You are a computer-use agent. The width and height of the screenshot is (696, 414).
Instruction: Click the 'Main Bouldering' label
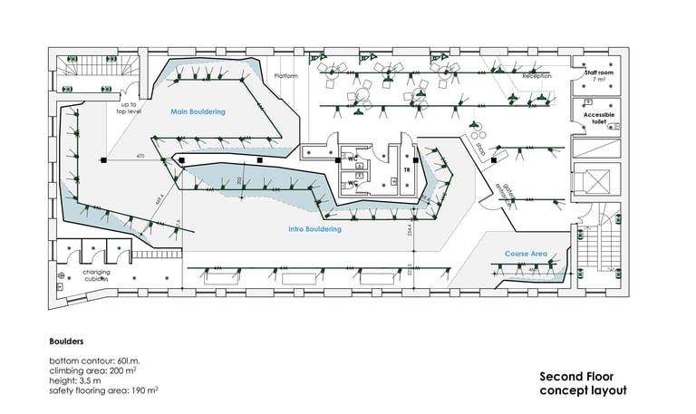[x=198, y=111]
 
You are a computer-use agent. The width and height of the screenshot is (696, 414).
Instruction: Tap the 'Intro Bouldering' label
[x=314, y=230]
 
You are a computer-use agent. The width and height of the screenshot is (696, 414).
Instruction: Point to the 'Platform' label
[x=285, y=76]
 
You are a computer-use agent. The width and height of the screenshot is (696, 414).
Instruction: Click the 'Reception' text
[x=536, y=76]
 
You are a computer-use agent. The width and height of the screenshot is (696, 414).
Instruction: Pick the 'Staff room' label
[x=599, y=72]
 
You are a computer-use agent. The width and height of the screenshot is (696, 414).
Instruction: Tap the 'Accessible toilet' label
[x=599, y=120]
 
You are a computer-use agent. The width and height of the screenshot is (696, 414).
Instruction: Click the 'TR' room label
[x=407, y=169]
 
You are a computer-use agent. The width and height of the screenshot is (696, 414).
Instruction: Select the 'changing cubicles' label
[x=96, y=275]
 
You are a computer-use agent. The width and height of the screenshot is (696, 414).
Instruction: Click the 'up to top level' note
[x=129, y=109]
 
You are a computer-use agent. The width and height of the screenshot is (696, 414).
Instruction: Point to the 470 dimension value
[x=140, y=157]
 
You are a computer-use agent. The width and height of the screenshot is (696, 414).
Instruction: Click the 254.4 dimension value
[x=410, y=234]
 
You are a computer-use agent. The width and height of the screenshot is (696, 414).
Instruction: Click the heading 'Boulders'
[x=66, y=342]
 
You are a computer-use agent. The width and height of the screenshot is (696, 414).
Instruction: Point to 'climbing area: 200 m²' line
[x=92, y=371]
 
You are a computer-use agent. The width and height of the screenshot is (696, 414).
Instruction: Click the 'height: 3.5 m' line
[x=77, y=380]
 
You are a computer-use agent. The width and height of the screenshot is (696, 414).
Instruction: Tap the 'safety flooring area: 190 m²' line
[x=103, y=390]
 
